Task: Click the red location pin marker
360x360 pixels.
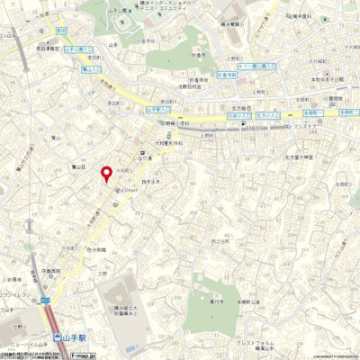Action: pos(105,174)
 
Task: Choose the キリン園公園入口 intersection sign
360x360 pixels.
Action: pos(258,66)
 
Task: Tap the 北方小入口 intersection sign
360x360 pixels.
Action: pos(267,115)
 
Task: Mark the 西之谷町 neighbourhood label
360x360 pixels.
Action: pos(220,241)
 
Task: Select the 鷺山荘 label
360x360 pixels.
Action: pos(77,166)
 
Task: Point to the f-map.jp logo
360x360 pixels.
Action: pos(84,355)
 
